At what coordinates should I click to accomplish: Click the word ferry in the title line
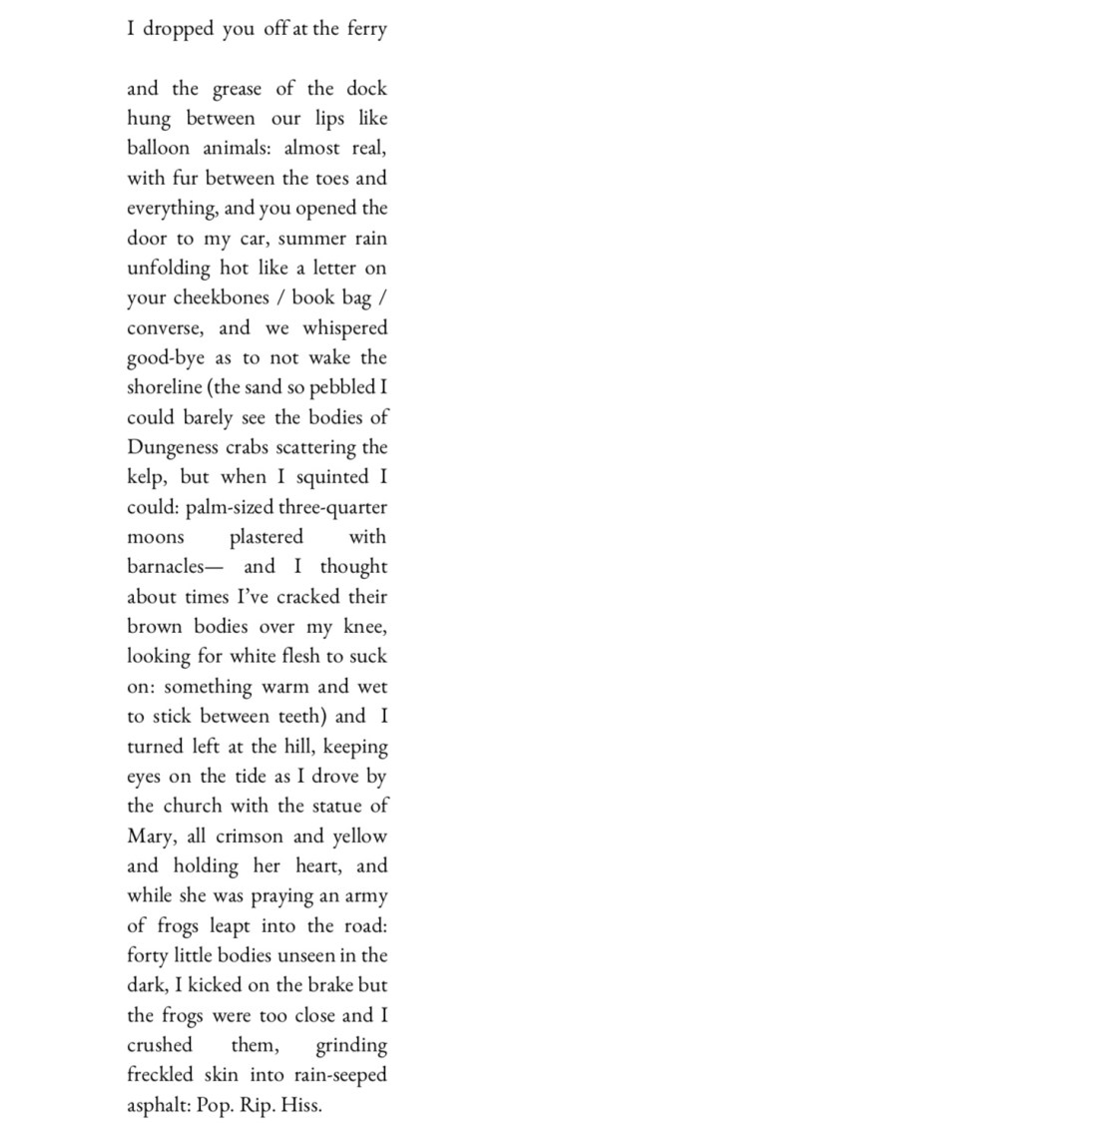point(366,29)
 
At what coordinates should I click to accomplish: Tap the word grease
point(237,90)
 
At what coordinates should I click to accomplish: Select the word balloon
point(158,148)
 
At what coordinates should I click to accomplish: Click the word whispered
point(345,328)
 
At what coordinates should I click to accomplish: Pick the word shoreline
point(165,387)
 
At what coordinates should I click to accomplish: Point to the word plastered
point(266,537)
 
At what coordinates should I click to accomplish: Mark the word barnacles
point(165,567)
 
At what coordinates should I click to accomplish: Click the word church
point(193,806)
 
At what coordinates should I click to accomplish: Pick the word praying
point(281,896)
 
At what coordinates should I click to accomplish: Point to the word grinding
point(350,1046)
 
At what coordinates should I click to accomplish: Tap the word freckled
point(161,1075)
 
